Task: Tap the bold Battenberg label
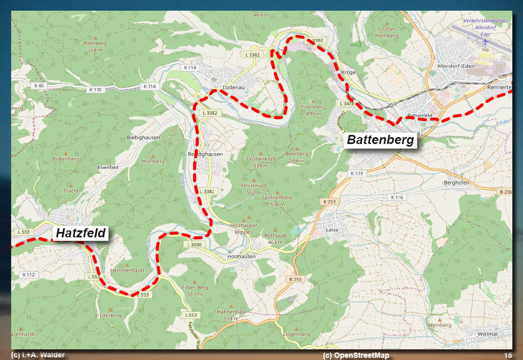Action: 381,140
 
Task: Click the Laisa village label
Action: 332,230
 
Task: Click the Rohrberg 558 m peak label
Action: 95,46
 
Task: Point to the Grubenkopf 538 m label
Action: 261,162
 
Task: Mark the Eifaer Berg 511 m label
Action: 195,291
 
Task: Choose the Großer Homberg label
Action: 387,32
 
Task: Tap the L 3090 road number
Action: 194,244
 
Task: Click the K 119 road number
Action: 356,174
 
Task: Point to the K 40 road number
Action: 39,85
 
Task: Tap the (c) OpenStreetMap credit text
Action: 356,355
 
